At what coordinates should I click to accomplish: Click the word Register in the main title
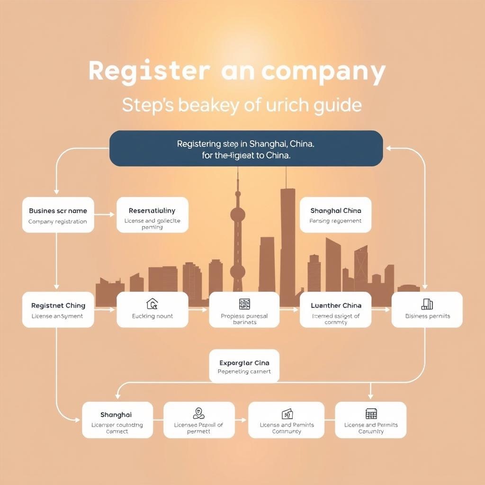(149, 71)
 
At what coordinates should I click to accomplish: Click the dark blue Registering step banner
(246, 148)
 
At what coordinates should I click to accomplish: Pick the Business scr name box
(58, 215)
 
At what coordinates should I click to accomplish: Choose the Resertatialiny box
(152, 215)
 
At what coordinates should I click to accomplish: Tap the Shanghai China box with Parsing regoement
(335, 215)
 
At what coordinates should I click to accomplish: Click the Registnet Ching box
(58, 310)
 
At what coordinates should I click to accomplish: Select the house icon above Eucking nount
(152, 304)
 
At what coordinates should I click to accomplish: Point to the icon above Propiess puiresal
(244, 304)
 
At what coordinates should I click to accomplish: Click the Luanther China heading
(336, 305)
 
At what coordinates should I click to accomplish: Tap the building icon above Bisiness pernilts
(427, 304)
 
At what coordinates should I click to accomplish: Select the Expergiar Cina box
(244, 366)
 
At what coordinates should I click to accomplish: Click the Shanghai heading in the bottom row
(116, 415)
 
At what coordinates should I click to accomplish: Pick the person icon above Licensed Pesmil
(199, 413)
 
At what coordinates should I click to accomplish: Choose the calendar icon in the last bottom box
(371, 413)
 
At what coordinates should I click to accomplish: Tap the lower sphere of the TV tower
(238, 271)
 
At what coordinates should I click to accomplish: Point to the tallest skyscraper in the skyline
(287, 237)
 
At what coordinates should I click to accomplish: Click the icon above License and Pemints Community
(287, 414)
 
